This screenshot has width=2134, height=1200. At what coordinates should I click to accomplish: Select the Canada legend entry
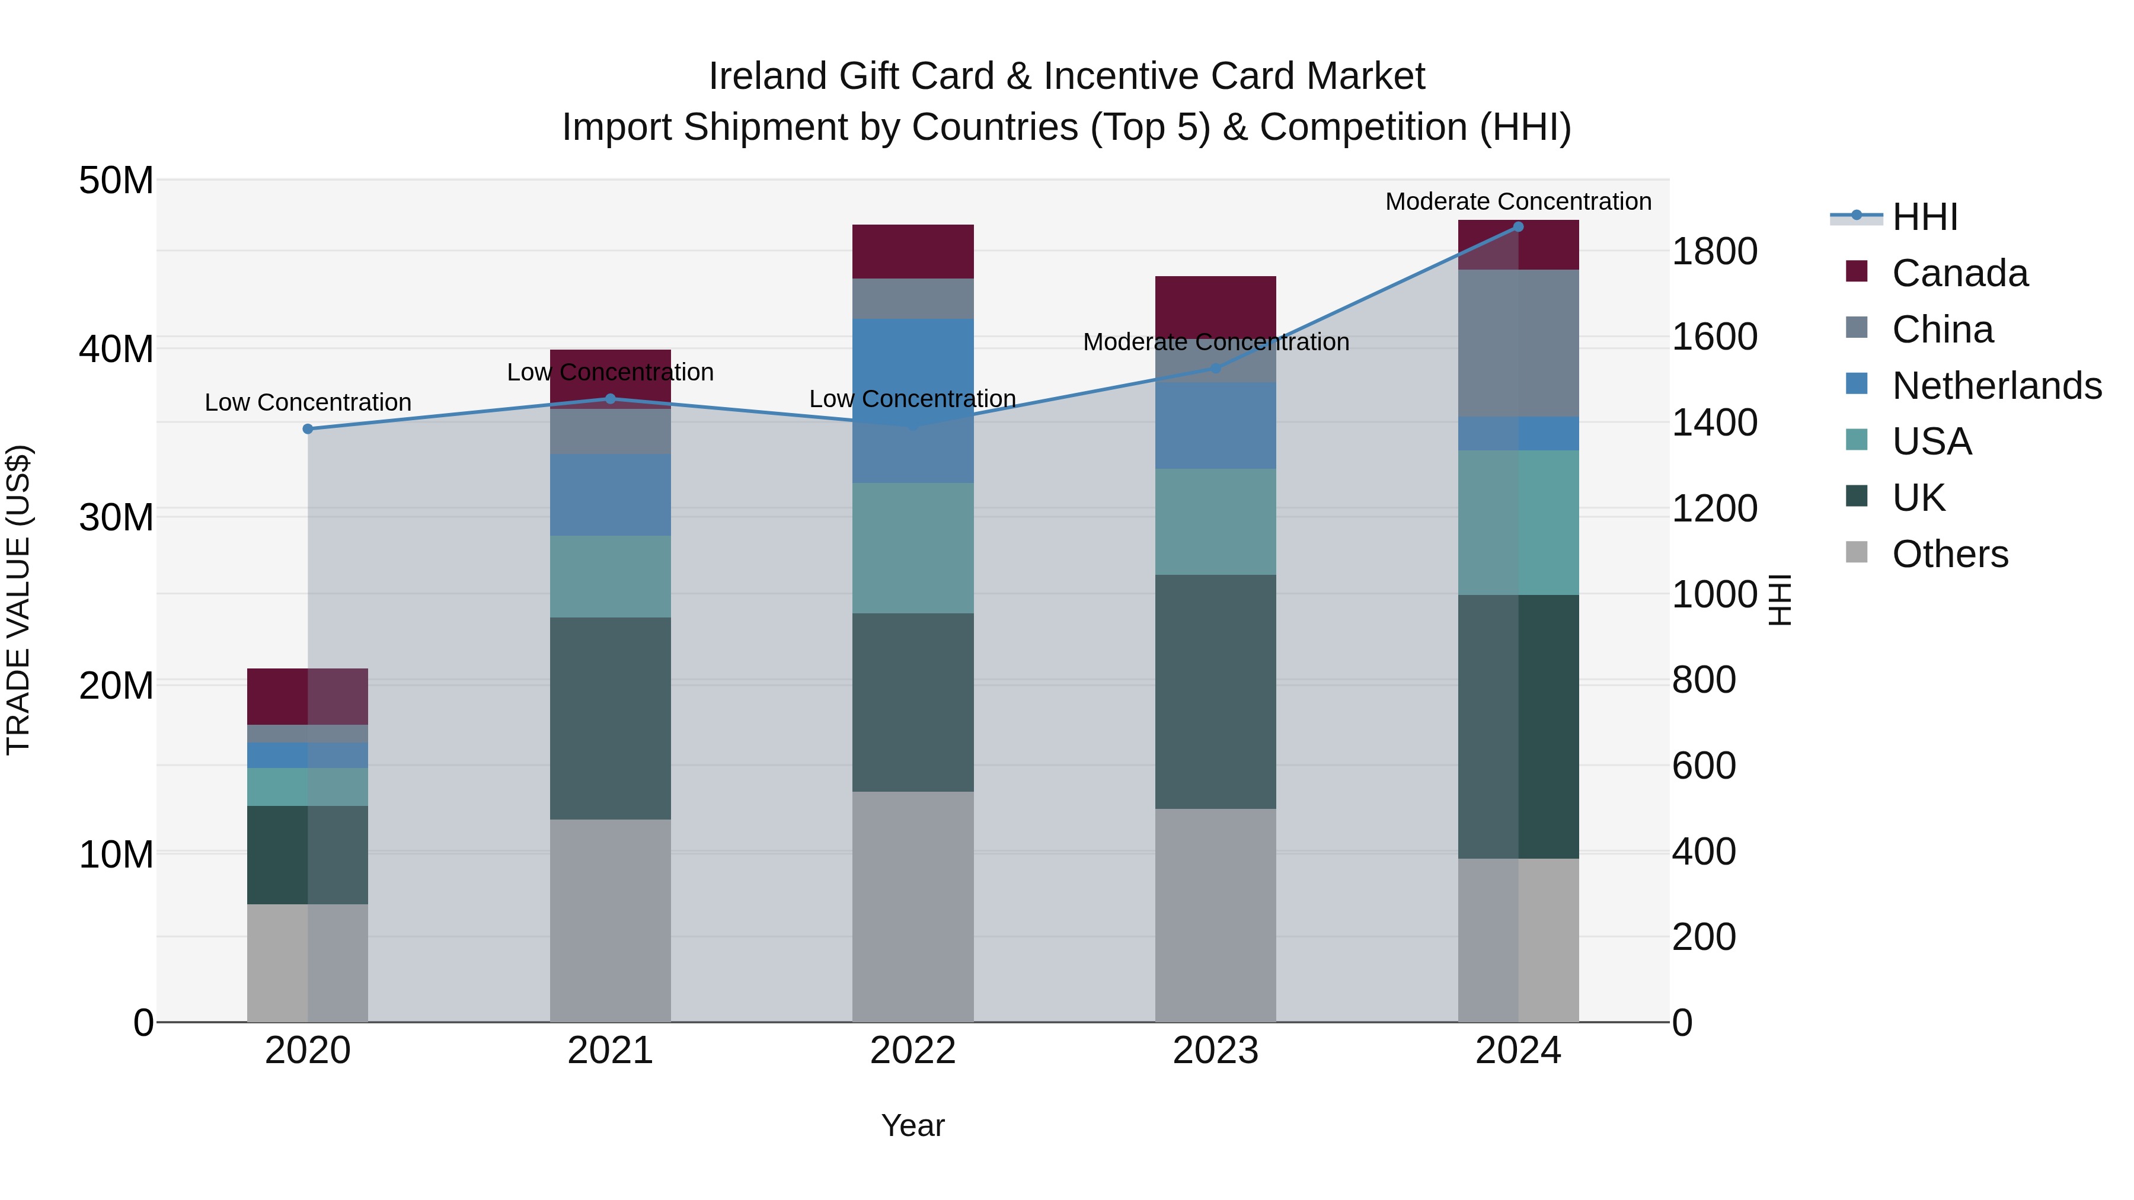(x=1959, y=273)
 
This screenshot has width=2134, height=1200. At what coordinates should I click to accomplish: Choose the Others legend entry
(x=1949, y=554)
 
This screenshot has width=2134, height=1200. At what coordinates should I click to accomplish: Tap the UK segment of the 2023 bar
(x=1215, y=692)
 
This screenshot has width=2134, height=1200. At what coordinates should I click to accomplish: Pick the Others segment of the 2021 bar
(x=610, y=920)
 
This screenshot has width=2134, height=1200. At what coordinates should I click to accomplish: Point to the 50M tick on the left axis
(x=116, y=181)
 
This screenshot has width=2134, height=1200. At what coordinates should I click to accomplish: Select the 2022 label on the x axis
(x=913, y=1051)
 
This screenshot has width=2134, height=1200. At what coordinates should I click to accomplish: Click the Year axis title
(x=913, y=1125)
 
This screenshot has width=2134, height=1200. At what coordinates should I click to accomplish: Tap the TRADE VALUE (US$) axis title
(x=18, y=600)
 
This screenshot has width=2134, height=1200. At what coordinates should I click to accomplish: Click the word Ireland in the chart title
(x=767, y=76)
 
